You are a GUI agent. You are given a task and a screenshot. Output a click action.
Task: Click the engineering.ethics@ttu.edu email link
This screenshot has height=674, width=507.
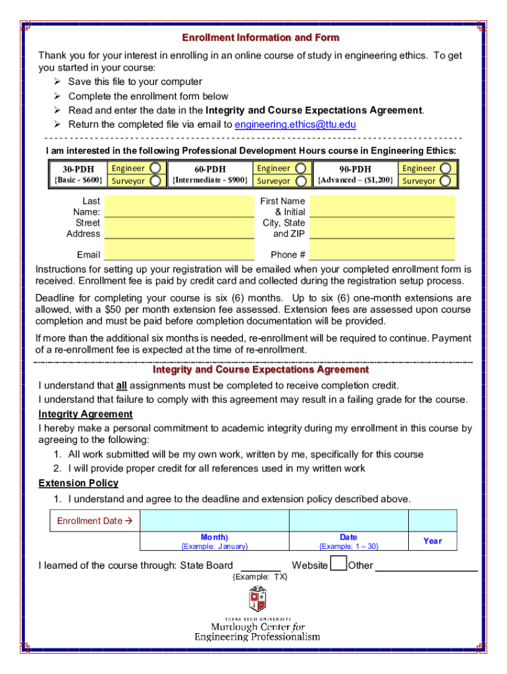point(295,124)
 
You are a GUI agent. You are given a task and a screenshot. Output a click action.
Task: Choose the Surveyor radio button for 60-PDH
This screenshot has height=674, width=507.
point(301,181)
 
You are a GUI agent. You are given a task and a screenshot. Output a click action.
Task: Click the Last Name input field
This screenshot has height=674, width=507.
point(179,207)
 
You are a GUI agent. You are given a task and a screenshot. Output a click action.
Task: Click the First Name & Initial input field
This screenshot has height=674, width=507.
point(382,207)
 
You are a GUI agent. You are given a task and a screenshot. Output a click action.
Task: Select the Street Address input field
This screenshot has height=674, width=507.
point(179,228)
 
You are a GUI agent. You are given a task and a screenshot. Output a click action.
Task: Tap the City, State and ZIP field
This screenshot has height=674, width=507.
point(382,228)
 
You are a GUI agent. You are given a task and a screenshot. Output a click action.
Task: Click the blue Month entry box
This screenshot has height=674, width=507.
point(215,521)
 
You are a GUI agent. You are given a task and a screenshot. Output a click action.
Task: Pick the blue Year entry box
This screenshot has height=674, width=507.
point(433,521)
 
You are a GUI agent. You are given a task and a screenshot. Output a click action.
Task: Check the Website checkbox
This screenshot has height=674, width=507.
point(338,564)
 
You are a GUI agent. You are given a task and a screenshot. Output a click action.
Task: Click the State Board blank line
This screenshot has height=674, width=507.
point(261,566)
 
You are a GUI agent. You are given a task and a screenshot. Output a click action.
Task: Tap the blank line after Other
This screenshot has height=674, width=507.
point(426,566)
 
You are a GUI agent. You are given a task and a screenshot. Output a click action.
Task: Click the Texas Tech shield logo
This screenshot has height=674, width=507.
point(257,599)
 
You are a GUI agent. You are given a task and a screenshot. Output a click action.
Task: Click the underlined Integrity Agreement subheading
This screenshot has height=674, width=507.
point(86,414)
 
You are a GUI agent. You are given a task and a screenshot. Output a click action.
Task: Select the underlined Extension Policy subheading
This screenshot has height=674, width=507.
point(78,483)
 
